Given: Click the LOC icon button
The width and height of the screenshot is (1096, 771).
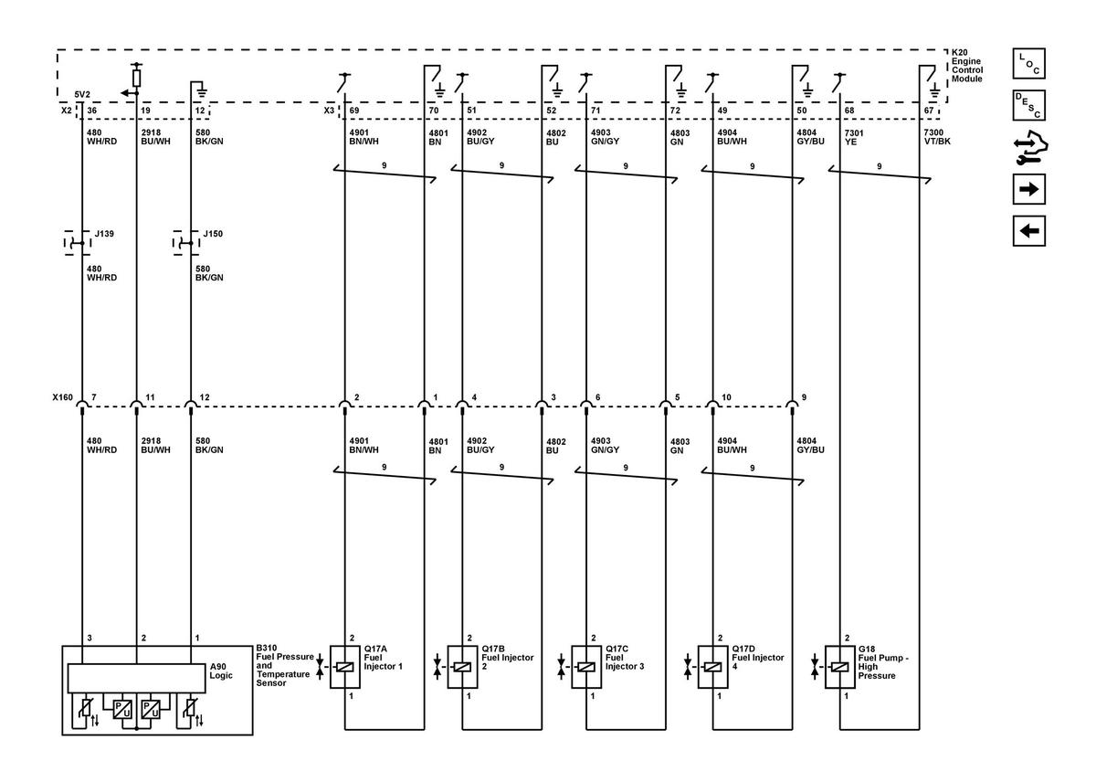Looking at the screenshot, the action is (1029, 63).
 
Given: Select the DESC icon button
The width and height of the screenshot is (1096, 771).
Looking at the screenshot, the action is (1029, 105).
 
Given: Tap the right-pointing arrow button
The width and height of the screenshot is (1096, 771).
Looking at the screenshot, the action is (1029, 189).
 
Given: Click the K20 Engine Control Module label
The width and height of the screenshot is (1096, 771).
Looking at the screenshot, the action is (966, 66).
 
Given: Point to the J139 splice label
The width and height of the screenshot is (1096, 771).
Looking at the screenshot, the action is (104, 234).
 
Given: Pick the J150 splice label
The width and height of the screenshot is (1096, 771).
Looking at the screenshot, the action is (213, 234).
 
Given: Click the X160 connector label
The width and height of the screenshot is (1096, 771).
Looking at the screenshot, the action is (63, 397).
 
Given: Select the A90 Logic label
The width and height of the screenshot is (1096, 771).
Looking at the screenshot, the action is (221, 671).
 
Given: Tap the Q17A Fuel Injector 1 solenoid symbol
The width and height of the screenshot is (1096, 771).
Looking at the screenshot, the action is (345, 667).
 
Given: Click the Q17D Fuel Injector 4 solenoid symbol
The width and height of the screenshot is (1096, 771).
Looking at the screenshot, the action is (713, 667).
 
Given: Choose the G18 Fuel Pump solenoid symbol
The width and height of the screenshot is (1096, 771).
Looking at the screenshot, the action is (840, 667).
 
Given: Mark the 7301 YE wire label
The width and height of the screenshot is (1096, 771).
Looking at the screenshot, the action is (854, 137).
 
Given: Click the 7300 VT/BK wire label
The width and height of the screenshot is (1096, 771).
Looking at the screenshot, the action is (937, 137).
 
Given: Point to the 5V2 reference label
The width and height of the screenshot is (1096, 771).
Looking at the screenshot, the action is (82, 94).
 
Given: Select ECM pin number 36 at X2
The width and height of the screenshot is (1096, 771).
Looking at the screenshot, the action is (92, 111).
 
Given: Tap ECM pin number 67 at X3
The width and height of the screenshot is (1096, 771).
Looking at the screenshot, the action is (929, 111).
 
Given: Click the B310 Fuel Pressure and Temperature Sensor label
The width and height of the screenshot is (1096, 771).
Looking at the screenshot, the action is (285, 665).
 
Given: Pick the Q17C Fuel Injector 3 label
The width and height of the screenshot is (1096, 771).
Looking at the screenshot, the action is (625, 658).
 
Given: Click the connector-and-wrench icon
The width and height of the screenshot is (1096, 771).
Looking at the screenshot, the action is (1030, 147).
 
